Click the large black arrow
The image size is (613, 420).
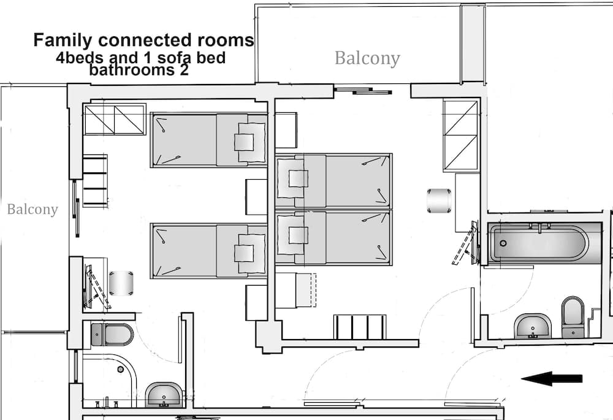tap(552, 378)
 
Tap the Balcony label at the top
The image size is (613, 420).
tap(367, 58)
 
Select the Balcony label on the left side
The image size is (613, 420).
tap(32, 210)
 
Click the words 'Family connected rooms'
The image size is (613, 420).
tap(143, 40)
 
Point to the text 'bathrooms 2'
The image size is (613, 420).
tap(139, 70)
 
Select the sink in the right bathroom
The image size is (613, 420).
tap(533, 326)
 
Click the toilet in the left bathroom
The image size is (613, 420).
tap(112, 335)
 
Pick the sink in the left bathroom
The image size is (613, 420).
tap(164, 394)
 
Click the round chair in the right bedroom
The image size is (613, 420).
tap(440, 200)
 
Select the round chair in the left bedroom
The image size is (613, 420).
tap(121, 283)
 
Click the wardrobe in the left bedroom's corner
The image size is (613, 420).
tap(115, 119)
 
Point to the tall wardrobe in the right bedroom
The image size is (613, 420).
tap(460, 136)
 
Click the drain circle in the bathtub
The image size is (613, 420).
tap(503, 243)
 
